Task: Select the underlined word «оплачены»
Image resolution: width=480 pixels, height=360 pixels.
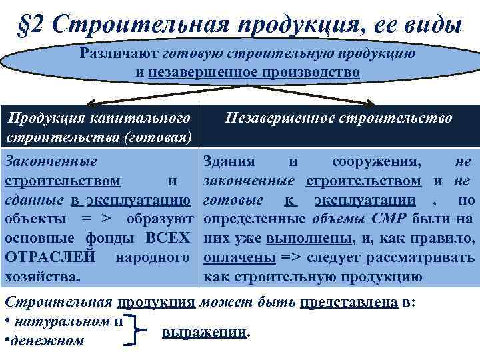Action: pos(230,257)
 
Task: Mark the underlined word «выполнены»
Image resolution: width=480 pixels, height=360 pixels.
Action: pos(301,238)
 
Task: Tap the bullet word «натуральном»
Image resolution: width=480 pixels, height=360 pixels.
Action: pos(64,321)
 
